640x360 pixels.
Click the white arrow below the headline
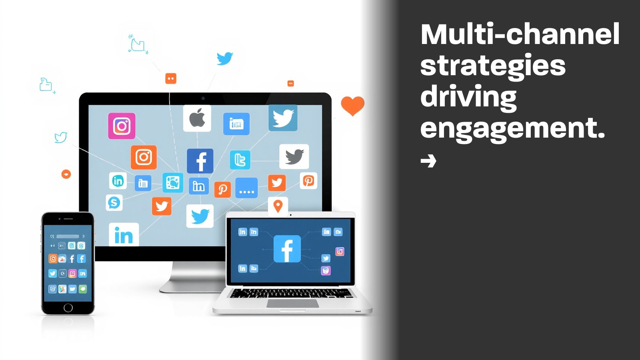coord(428,160)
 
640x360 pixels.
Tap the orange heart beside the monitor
coord(352,106)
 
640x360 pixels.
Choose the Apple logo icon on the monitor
coord(197,118)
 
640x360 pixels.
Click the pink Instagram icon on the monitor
coord(122,126)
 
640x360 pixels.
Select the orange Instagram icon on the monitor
coord(144,157)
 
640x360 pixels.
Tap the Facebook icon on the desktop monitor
coord(200,161)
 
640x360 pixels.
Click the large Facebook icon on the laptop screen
coord(287,248)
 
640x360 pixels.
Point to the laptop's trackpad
coord(293,304)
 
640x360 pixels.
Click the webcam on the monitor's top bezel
coord(203,98)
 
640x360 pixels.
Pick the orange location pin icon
coord(278,206)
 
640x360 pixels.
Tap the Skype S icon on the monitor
coord(114,203)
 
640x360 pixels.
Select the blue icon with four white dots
coord(246,188)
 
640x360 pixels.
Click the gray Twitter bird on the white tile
coord(294,156)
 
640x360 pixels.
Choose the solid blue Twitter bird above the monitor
coord(225,58)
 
